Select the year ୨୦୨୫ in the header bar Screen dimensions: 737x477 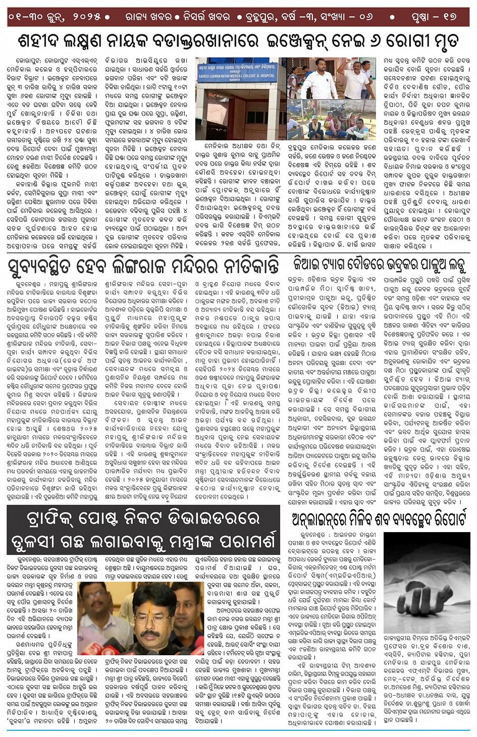click(x=85, y=17)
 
